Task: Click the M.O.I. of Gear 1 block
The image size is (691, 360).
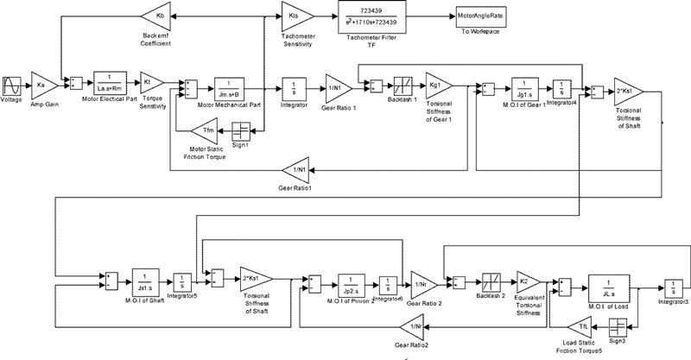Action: [x=521, y=88]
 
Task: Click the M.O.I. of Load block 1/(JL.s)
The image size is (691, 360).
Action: [x=612, y=285]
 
